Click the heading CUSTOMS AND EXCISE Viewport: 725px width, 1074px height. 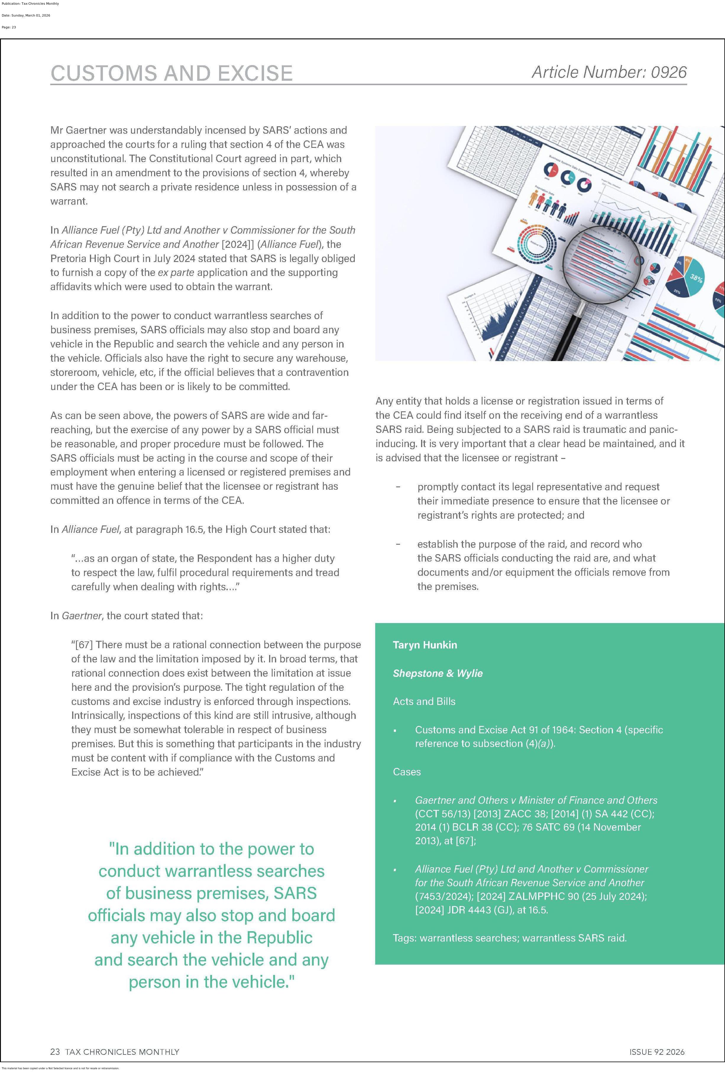tap(171, 73)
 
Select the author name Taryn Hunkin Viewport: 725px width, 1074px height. tap(425, 645)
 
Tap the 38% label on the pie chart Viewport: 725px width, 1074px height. tap(696, 278)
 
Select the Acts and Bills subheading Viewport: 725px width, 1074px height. tap(424, 701)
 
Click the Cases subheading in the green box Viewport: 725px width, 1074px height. tap(407, 772)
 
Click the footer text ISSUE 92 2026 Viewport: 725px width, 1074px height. tap(657, 1052)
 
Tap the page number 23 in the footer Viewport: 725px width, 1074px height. tap(55, 1052)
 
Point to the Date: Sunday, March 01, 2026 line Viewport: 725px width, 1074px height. tap(26, 15)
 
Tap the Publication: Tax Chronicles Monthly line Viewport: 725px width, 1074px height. tap(30, 4)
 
